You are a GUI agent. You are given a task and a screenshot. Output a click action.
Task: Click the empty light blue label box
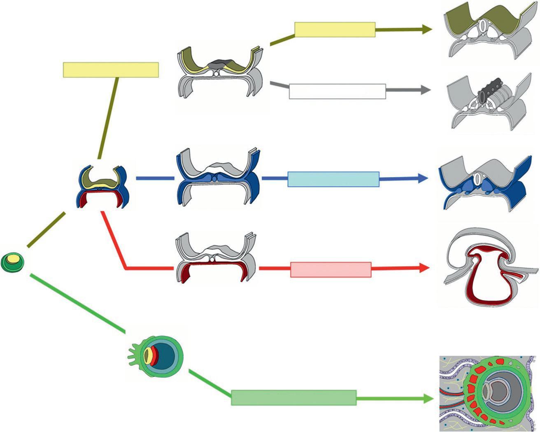click(x=333, y=179)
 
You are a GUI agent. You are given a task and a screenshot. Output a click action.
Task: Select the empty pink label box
click(x=331, y=269)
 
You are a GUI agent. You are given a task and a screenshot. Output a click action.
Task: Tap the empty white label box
click(x=337, y=91)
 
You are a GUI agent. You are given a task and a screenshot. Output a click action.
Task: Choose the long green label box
click(x=293, y=398)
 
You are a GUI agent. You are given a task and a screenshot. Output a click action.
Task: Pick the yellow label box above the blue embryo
click(x=111, y=70)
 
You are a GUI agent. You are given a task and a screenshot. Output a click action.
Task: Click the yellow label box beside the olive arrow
click(x=335, y=30)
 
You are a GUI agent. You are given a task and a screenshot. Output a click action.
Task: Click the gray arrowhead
click(x=426, y=90)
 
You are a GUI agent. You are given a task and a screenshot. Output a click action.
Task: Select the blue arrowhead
click(x=424, y=178)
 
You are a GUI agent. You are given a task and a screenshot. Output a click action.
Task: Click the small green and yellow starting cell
click(x=12, y=262)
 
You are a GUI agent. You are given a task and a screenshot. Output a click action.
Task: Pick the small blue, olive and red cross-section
click(x=103, y=186)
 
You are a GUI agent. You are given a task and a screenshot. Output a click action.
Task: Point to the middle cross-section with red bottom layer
click(x=215, y=259)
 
